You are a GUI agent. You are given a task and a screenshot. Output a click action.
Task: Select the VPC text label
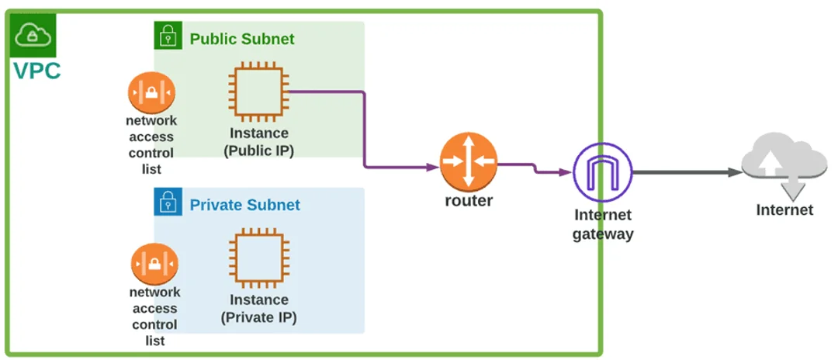coord(36,71)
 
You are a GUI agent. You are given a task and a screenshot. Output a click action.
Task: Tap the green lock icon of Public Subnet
coord(168,36)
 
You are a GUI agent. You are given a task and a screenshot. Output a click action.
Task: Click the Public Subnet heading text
coord(242,39)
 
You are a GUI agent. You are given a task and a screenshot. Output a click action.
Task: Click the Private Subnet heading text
coord(244,206)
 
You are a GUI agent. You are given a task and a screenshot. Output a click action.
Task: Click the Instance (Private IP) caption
coord(259,308)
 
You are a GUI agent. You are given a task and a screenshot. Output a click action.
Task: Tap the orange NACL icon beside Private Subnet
coord(154,264)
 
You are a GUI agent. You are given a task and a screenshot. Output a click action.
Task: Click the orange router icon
coord(468,161)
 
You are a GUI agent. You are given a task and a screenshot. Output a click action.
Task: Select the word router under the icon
coord(468,201)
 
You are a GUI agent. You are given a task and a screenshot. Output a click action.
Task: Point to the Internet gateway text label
coord(603,224)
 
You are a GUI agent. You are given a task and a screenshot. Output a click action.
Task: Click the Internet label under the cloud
coord(784,210)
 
